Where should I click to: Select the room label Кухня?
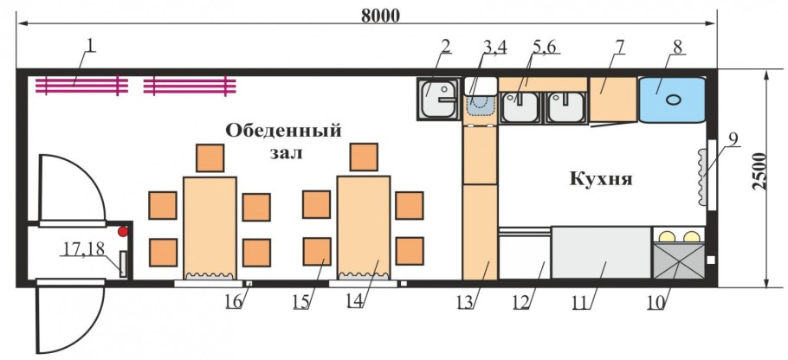[601, 180]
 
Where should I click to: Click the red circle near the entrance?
[124, 231]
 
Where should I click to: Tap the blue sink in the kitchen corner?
[672, 98]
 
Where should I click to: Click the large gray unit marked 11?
[601, 253]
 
